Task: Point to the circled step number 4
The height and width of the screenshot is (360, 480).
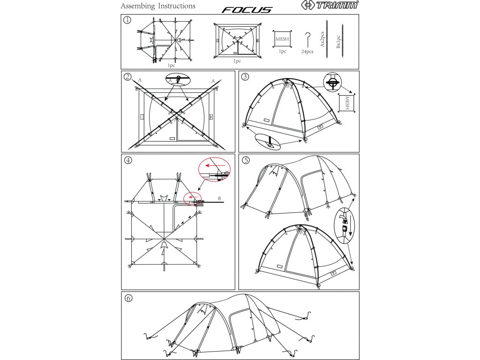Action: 127,160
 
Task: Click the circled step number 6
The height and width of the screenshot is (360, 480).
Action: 127,298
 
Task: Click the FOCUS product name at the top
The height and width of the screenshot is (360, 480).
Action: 247,9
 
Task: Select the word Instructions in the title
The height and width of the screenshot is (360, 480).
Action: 177,7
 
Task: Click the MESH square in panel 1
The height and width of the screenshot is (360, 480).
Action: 282,39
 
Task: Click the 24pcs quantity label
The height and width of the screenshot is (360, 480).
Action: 307,52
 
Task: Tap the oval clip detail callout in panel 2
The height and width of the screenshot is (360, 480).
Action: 178,80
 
